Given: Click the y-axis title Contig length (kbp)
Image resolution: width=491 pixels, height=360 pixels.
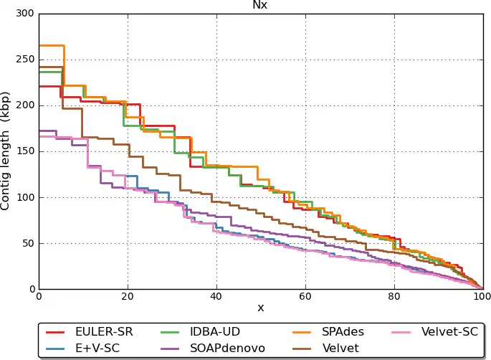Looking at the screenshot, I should pyautogui.click(x=6, y=151).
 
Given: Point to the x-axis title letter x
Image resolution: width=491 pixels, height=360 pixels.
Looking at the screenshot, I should pyautogui.click(x=260, y=307).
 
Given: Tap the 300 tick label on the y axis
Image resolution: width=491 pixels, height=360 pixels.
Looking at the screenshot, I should pyautogui.click(x=25, y=14).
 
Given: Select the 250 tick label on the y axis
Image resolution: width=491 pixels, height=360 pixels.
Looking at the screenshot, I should pyautogui.click(x=25, y=60).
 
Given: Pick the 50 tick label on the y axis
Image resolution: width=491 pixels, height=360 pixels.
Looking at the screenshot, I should pyautogui.click(x=28, y=243).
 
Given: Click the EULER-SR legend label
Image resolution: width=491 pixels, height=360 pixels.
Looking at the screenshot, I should pyautogui.click(x=103, y=331).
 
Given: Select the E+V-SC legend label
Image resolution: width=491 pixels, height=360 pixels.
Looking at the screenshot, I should pyautogui.click(x=98, y=348).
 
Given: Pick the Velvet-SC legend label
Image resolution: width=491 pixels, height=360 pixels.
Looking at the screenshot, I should pyautogui.click(x=449, y=331).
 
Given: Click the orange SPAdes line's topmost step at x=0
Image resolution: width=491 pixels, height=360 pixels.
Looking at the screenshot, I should pyautogui.click(x=50, y=45).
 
